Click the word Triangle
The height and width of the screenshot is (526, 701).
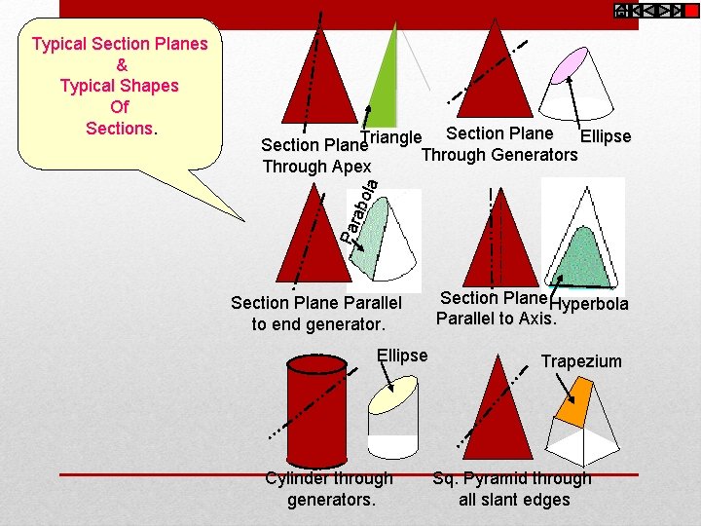390,138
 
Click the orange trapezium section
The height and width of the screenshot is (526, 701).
578,398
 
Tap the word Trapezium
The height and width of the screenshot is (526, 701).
581,361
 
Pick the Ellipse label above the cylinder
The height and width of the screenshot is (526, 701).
402,356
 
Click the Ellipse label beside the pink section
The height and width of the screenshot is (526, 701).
606,136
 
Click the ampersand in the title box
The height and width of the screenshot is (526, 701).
121,65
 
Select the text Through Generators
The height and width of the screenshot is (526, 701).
499,154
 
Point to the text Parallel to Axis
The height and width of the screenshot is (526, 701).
496,319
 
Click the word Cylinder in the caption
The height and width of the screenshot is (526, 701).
297,478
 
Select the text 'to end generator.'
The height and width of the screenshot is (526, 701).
318,323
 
